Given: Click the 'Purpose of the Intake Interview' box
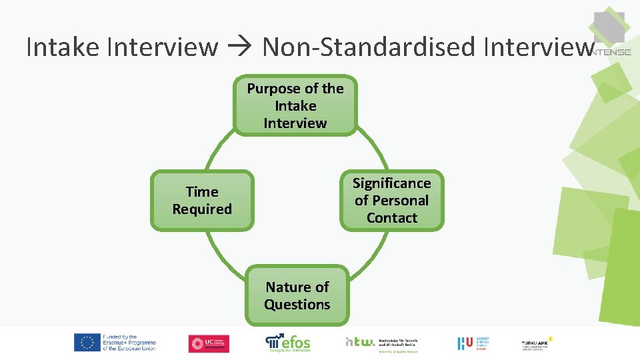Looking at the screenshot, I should pyautogui.click(x=295, y=106).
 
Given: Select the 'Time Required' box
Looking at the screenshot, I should pyautogui.click(x=202, y=201).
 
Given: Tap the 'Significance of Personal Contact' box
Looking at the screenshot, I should pyautogui.click(x=392, y=201).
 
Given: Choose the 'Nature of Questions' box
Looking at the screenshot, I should pyautogui.click(x=297, y=296).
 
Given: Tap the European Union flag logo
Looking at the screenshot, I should pyautogui.click(x=87, y=343).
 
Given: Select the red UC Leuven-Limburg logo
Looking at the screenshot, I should pyautogui.click(x=209, y=343).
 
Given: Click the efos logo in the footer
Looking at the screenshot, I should pyautogui.click(x=288, y=342).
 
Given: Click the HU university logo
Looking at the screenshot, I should pyautogui.click(x=474, y=343).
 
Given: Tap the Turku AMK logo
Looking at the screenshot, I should pyautogui.click(x=537, y=343).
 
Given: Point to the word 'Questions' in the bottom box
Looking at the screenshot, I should pyautogui.click(x=297, y=305).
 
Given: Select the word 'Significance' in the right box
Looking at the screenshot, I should pyautogui.click(x=392, y=183).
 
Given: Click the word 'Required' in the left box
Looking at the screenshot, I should pyautogui.click(x=202, y=209).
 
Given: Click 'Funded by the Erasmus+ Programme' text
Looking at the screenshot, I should pyautogui.click(x=129, y=343).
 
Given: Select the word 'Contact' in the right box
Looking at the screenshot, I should pyautogui.click(x=392, y=218).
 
